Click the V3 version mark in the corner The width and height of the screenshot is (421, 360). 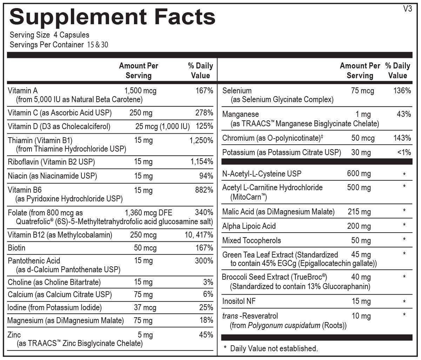(x=408, y=9)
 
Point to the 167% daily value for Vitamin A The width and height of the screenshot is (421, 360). (x=204, y=91)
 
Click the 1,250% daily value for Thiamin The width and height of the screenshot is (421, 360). (x=201, y=140)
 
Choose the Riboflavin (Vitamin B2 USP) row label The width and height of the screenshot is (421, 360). (x=51, y=162)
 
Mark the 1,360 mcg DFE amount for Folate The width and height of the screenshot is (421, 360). (x=148, y=213)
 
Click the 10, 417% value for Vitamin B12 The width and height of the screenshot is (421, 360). (x=199, y=235)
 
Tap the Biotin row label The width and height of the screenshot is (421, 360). (x=16, y=248)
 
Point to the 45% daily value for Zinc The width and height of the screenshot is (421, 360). (x=206, y=335)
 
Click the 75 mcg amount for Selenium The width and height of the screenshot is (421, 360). (x=362, y=91)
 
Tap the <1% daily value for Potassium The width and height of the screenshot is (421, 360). (x=404, y=152)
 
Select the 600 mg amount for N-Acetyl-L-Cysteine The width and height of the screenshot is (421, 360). (x=359, y=174)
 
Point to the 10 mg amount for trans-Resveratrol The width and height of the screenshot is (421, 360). (x=361, y=316)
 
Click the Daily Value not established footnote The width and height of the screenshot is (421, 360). (x=274, y=348)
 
